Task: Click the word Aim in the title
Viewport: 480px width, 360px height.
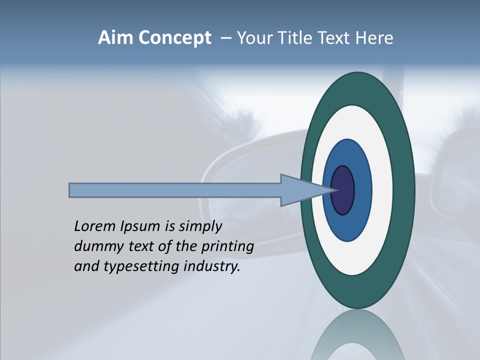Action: (116, 38)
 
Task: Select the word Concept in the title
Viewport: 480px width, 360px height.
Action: (174, 38)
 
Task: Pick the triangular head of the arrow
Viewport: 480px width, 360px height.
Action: (300, 190)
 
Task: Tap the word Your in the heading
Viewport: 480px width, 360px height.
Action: (252, 38)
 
